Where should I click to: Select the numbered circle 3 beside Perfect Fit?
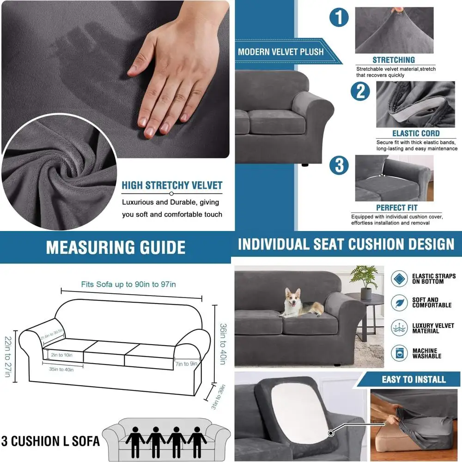(x=340, y=165)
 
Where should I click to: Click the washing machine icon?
(x=399, y=353)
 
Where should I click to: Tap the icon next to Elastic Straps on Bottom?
(x=399, y=279)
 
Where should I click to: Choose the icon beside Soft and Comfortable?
(x=399, y=303)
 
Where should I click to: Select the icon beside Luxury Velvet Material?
(x=399, y=328)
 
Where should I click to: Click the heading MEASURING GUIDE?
(x=115, y=248)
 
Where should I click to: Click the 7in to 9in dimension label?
(x=186, y=364)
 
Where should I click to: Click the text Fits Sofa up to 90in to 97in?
(x=128, y=284)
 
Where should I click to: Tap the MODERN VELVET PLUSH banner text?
(x=280, y=52)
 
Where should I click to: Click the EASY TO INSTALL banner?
(x=413, y=380)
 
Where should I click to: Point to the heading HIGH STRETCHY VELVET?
(x=172, y=186)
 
